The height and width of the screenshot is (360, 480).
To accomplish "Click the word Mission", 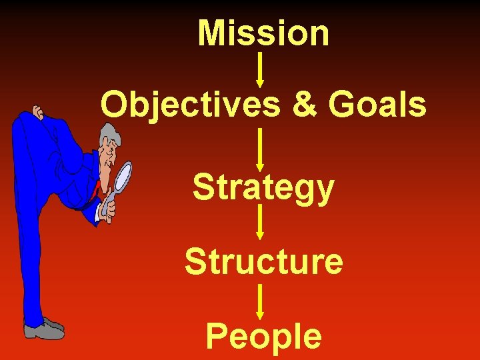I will [x=263, y=33].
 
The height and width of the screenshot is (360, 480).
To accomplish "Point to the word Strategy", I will [x=263, y=188].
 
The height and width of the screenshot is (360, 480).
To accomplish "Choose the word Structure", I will [x=264, y=261].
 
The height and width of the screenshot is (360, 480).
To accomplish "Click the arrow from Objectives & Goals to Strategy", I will [x=260, y=149].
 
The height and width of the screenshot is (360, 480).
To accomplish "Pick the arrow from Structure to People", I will [x=260, y=301].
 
